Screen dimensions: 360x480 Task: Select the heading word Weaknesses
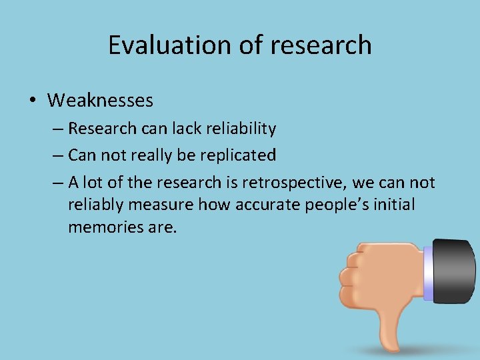[x=100, y=101]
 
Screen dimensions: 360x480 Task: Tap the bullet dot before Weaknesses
[x=32, y=101]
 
